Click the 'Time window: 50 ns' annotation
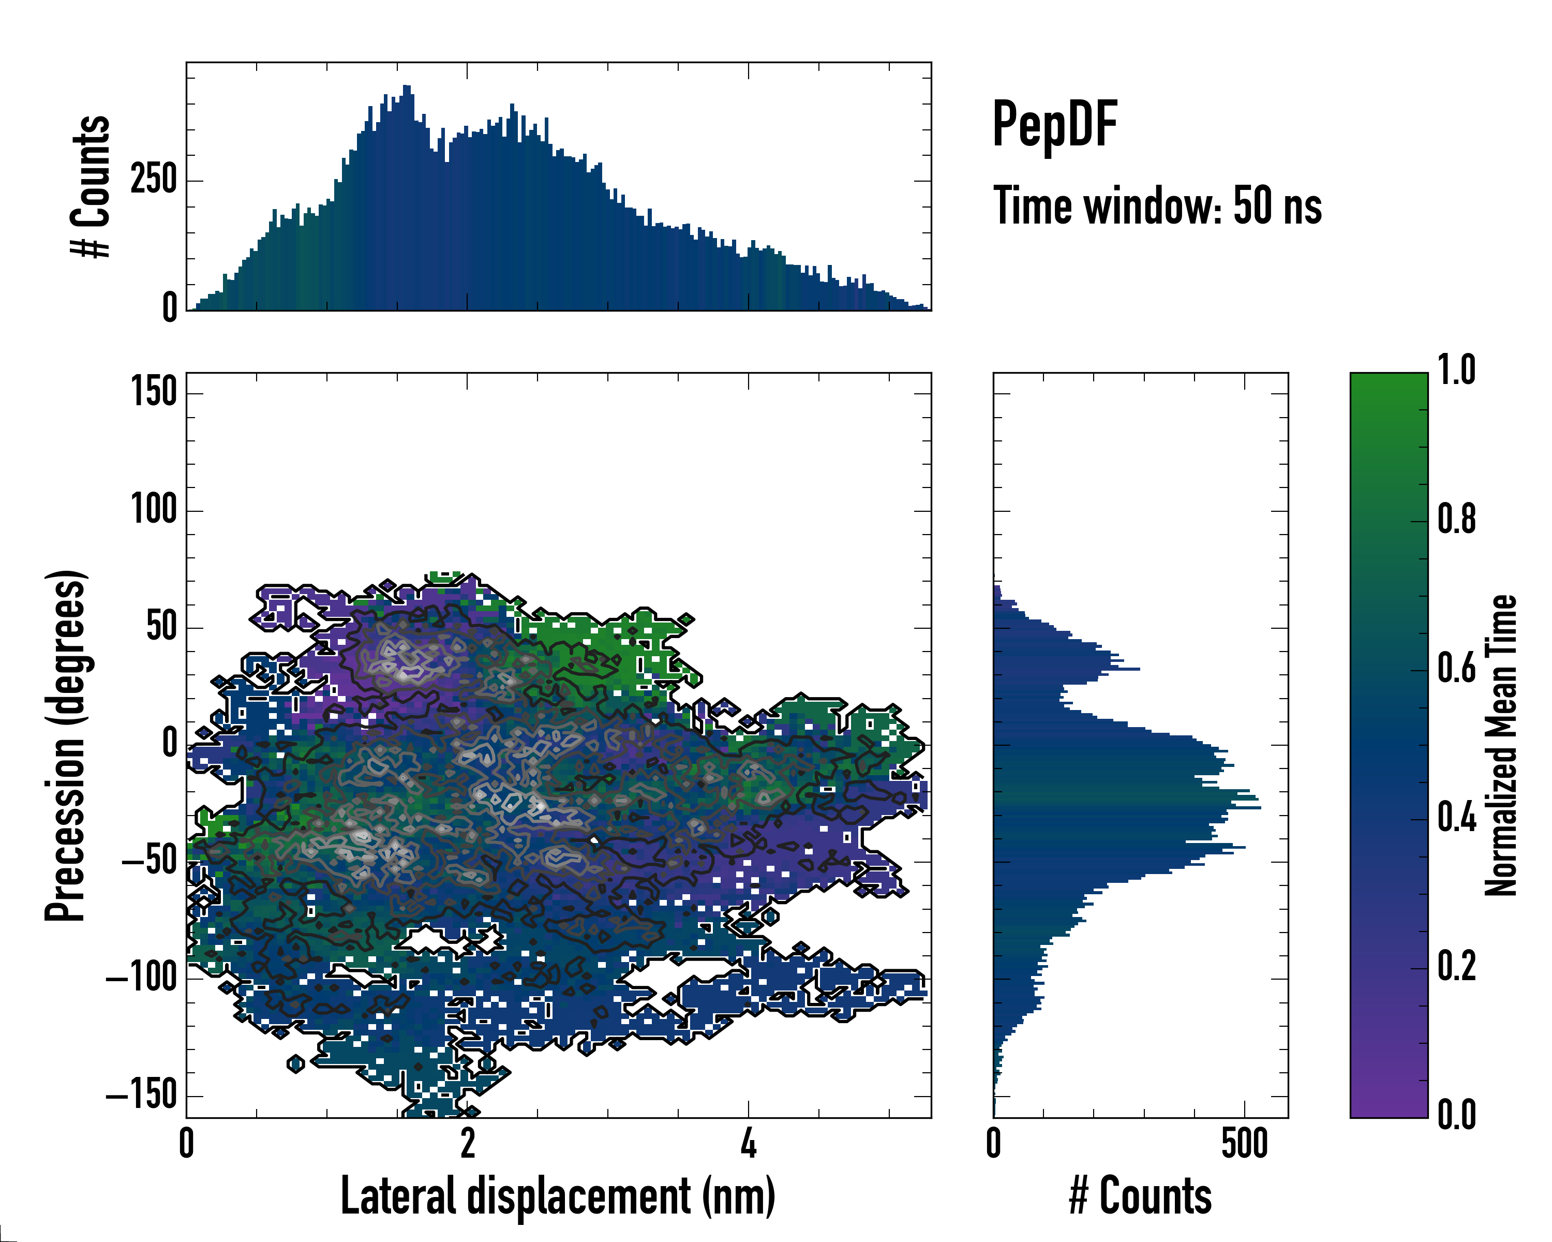1157,206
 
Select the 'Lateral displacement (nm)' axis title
558,1196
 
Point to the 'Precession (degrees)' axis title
66,745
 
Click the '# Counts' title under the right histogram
1140,1196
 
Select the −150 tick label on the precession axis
141,1095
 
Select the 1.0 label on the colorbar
1456,370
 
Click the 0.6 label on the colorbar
1456,668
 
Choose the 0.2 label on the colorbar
1456,966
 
